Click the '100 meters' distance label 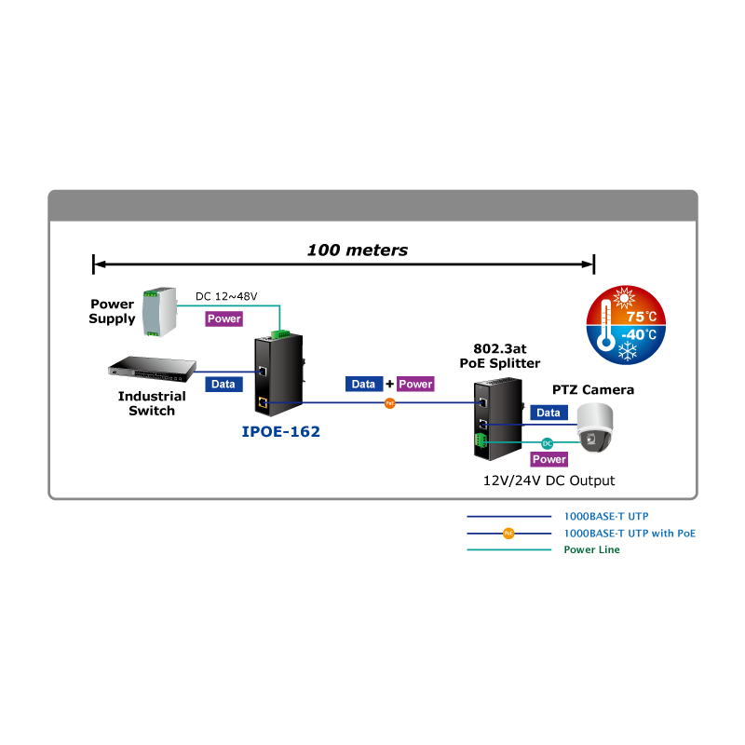click(358, 251)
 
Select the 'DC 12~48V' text click(226, 297)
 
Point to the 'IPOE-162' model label click(280, 432)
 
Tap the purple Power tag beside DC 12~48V click(223, 318)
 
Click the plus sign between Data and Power click(389, 384)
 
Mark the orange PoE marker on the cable click(389, 403)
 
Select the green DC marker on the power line click(548, 442)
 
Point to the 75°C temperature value click(642, 316)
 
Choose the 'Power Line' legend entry click(591, 549)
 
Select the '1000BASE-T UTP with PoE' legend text click(630, 533)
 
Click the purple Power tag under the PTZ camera click(549, 459)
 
